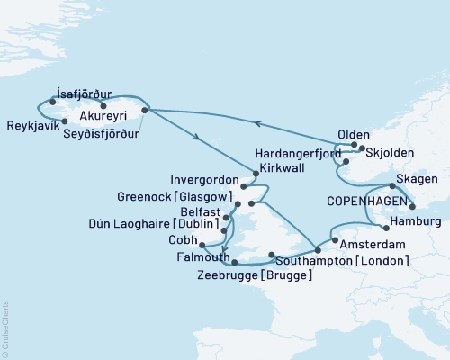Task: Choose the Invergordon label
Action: [220, 178]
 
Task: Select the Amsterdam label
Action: [372, 244]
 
